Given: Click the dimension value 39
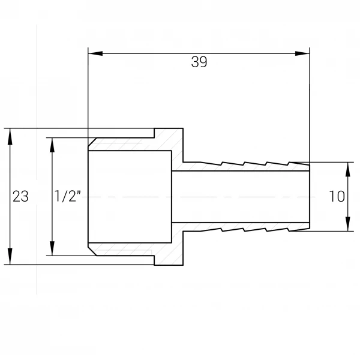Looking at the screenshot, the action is click(199, 62).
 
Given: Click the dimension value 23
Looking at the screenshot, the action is click(20, 197).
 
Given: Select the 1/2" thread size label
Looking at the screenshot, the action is click(67, 196).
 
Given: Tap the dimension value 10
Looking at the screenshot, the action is click(337, 196).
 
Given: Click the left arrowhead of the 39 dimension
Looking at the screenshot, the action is click(95, 53).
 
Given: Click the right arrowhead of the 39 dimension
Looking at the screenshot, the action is click(302, 53).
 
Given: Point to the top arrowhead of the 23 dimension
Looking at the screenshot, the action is click(10, 136).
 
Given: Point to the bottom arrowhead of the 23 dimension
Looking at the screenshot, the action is click(10, 256).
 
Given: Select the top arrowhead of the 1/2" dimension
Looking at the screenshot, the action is click(52, 145).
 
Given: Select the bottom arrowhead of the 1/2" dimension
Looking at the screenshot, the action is click(52, 248).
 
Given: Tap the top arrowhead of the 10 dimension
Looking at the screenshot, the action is click(348, 169).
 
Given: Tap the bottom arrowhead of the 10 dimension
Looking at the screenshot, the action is click(348, 224).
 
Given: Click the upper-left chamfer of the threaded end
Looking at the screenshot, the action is click(92, 142).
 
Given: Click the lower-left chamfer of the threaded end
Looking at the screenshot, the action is click(92, 251).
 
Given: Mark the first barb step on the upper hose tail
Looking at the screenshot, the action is click(222, 163).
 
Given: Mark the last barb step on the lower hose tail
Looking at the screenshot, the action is click(289, 230).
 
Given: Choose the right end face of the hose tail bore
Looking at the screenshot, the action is click(310, 197).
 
